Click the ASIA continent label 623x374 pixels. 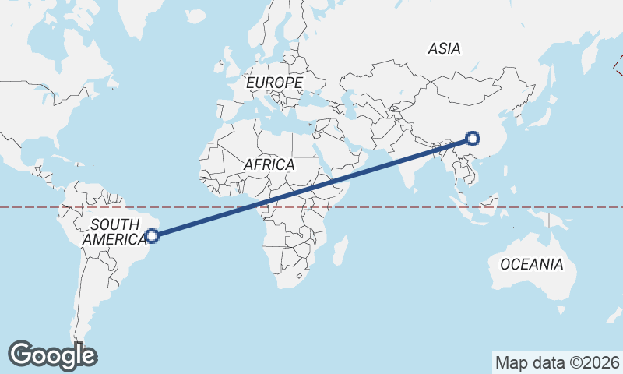tap(444, 48)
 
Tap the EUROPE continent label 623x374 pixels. tap(273, 83)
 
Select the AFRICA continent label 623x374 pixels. tap(269, 164)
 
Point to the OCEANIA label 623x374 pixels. tap(531, 264)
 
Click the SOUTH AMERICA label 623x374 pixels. tap(114, 232)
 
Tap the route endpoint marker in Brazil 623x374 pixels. tap(153, 235)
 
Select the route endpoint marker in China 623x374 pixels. tap(472, 139)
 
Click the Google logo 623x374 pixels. tap(52, 355)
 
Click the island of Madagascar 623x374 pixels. tap(340, 251)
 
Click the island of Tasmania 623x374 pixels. tap(561, 310)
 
